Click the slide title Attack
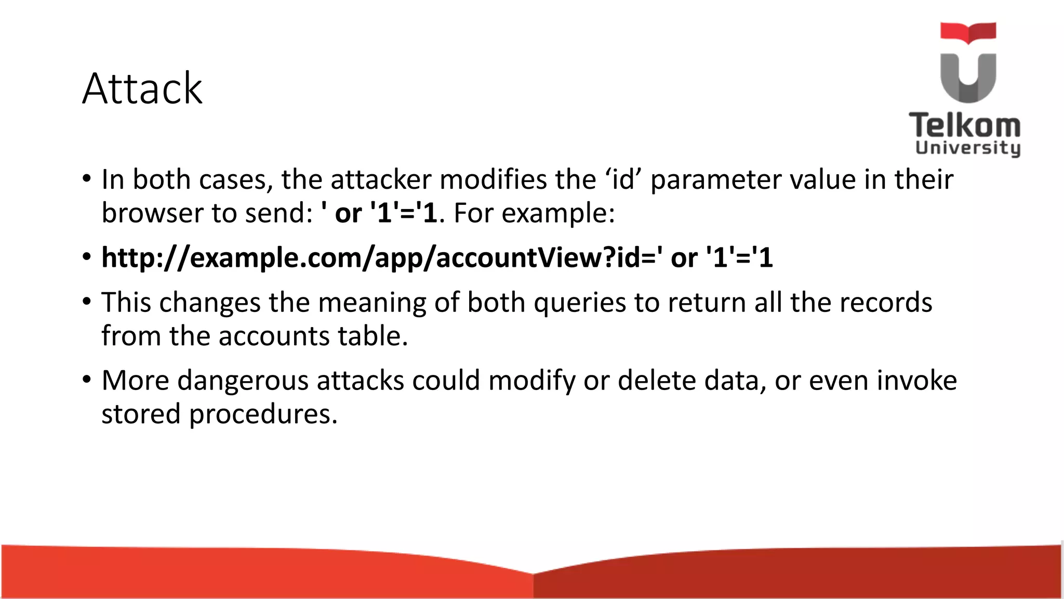tap(142, 89)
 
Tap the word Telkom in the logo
tap(965, 126)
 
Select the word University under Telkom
tap(968, 148)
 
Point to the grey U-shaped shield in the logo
tap(968, 78)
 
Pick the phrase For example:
tap(534, 213)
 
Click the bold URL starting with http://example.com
tap(437, 258)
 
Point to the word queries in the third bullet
tap(580, 303)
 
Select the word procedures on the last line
tap(263, 415)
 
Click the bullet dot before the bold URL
tap(87, 257)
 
